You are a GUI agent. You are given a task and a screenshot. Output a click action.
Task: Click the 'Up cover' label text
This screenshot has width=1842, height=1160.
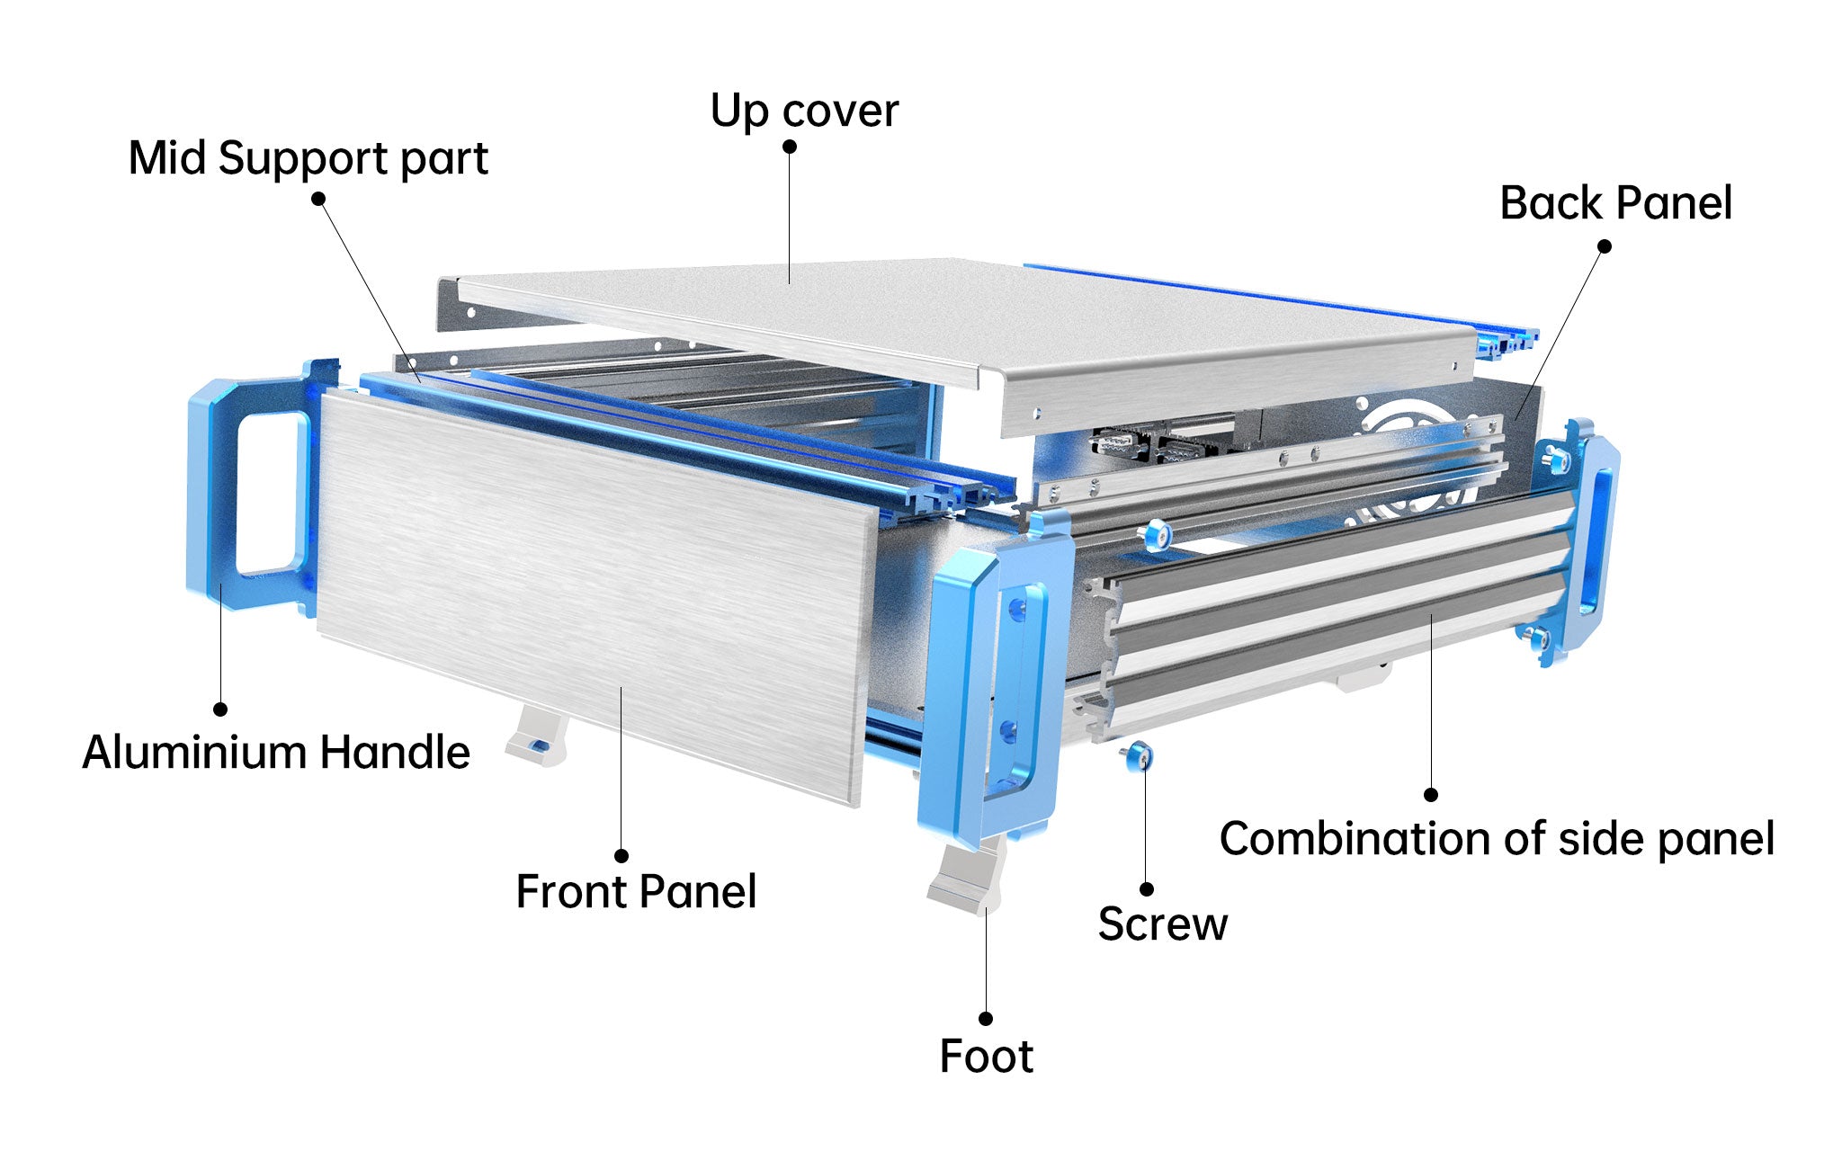coord(804,112)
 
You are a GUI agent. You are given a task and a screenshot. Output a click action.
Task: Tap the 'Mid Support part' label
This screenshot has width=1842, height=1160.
coord(308,159)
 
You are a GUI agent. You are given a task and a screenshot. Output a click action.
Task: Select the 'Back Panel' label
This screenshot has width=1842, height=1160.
coord(1615,203)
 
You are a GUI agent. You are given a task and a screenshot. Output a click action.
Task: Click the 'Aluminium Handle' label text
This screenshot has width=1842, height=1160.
coord(275,753)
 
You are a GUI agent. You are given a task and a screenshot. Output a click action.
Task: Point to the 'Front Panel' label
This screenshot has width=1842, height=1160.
coord(636,892)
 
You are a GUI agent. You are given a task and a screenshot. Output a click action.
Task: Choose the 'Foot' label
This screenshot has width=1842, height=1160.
coord(986,1057)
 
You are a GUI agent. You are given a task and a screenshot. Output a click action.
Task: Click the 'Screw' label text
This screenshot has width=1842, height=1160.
coord(1162,924)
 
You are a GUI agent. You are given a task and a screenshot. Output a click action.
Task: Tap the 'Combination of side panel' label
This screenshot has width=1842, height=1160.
coord(1497,839)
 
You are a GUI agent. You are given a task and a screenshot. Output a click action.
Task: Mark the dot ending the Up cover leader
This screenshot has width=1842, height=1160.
coord(790,147)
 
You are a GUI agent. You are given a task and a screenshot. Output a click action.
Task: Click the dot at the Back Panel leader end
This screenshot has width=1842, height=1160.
coord(1604,246)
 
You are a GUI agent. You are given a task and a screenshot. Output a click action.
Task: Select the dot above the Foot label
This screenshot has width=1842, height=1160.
coord(986,1019)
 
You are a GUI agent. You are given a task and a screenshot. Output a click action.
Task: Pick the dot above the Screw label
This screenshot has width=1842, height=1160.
coord(1147,889)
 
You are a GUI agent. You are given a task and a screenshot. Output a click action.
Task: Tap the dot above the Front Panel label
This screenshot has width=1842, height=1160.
coord(621,856)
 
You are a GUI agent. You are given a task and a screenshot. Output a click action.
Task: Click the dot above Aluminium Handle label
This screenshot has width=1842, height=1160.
coord(220,709)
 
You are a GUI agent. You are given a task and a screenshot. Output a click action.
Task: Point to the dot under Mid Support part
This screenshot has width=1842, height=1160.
coord(318,198)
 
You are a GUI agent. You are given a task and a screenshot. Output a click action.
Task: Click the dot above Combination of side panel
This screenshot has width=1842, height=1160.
coord(1431,795)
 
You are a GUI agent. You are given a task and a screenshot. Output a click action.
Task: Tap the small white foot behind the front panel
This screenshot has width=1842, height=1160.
coord(536,737)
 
